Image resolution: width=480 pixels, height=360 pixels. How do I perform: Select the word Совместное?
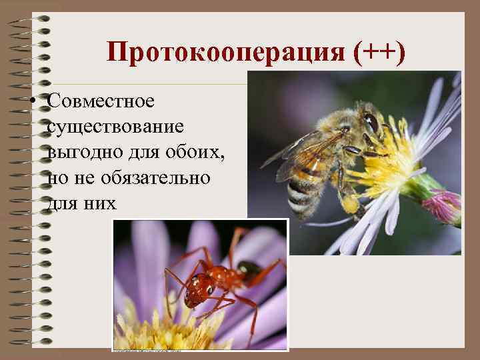[101, 102]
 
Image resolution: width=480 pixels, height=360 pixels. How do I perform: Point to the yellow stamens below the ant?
[173, 330]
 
